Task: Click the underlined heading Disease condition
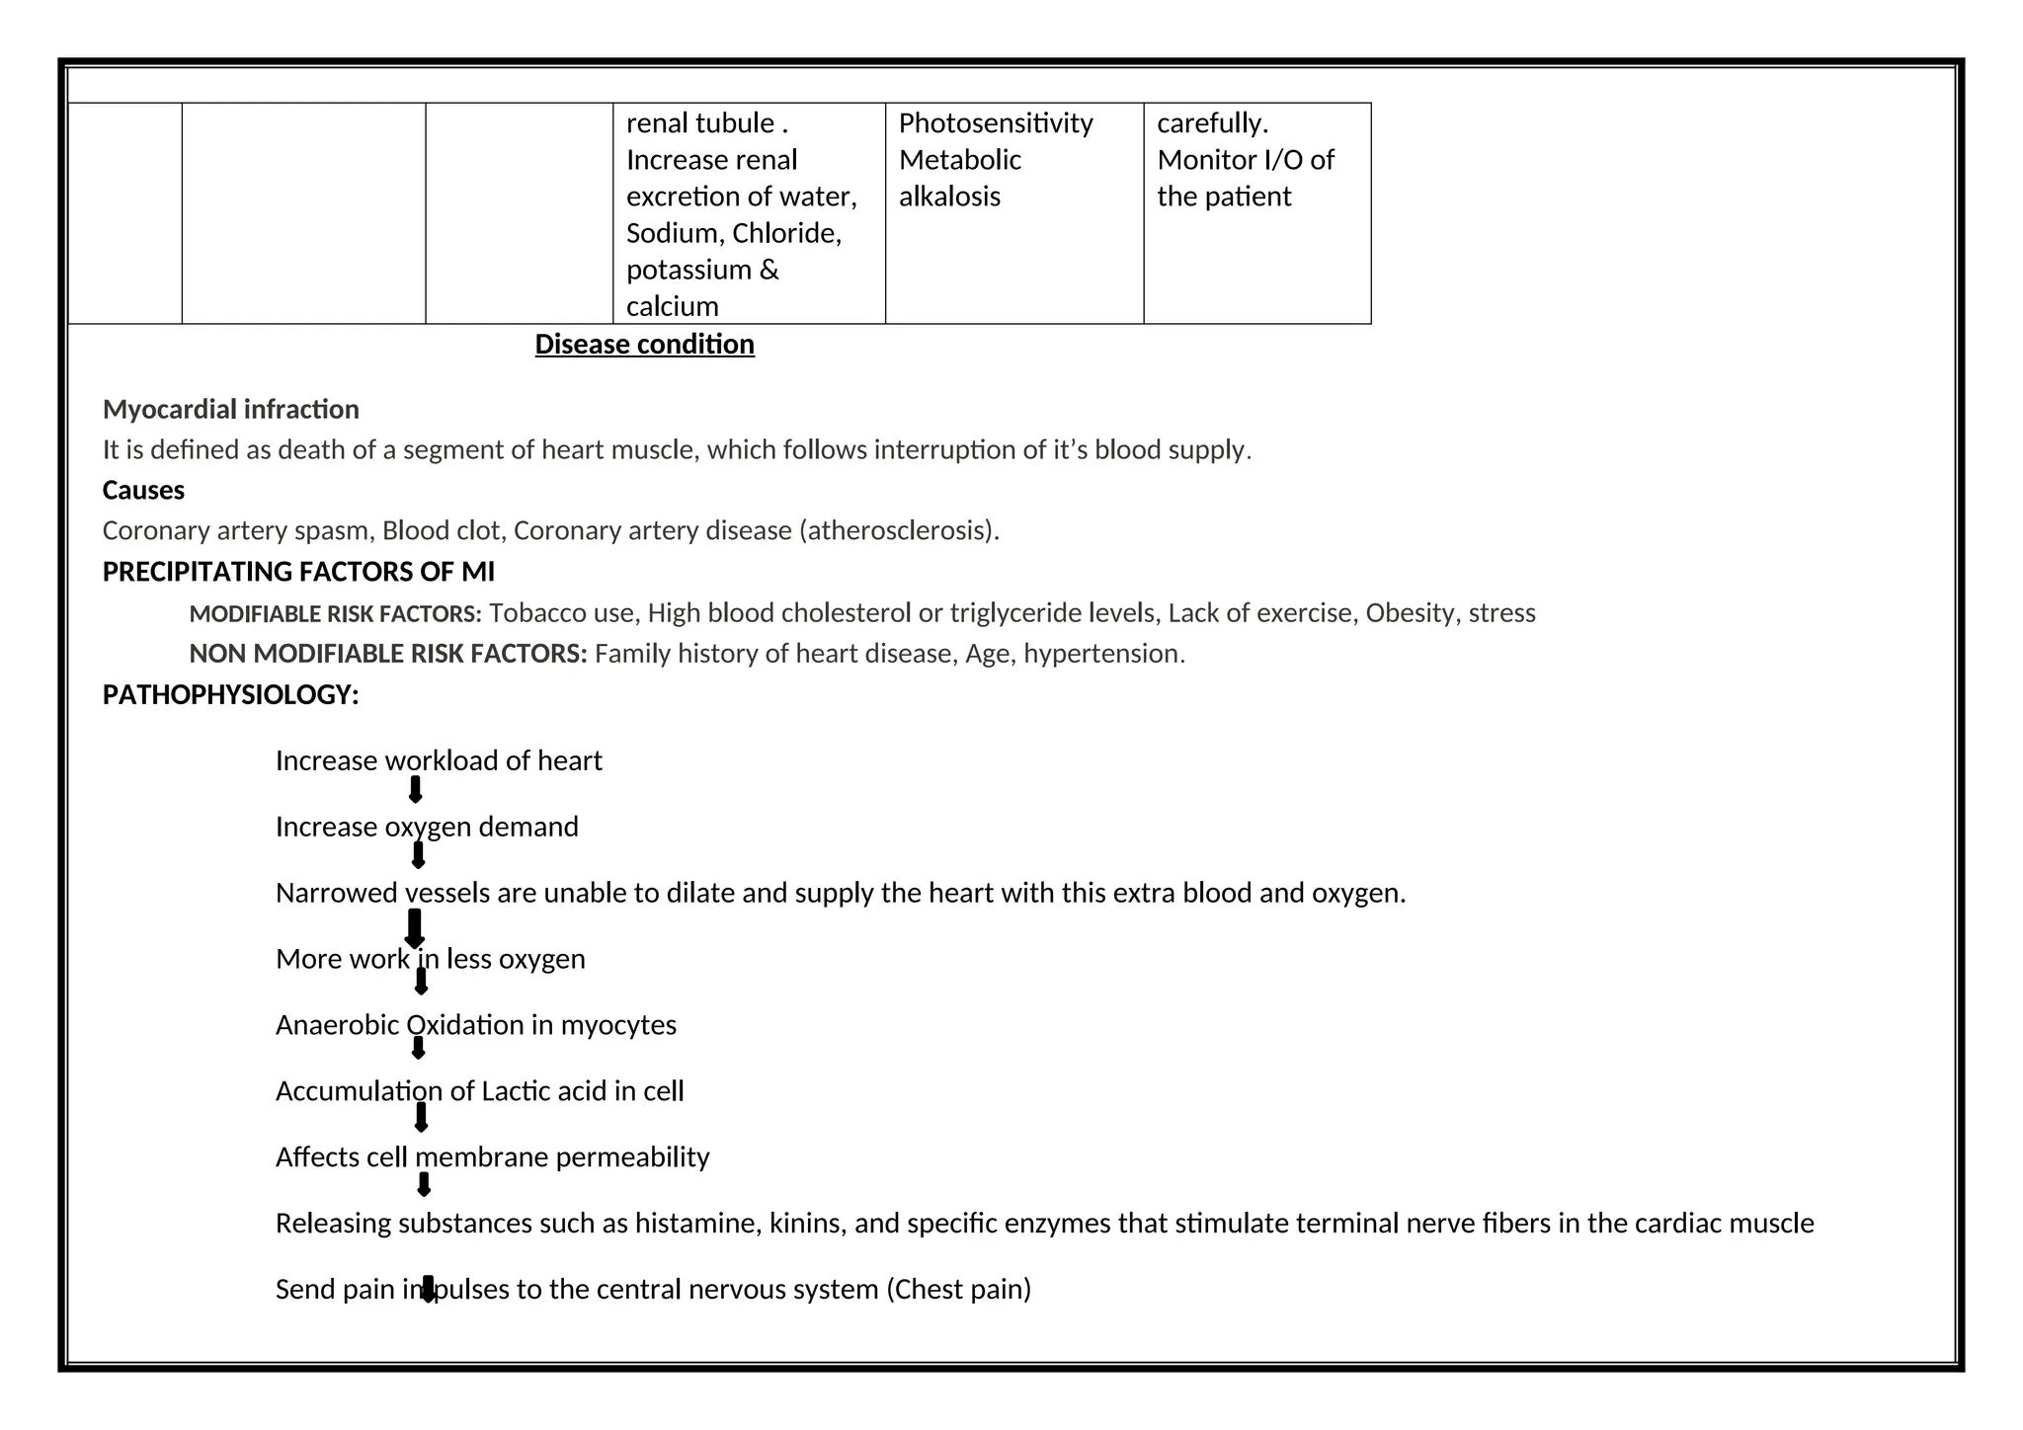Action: pos(644,344)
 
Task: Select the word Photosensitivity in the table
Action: pos(996,123)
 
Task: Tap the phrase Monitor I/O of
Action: pos(1245,160)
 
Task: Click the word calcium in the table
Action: pos(672,306)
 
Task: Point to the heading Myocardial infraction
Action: pos(230,409)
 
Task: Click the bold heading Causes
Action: pos(143,490)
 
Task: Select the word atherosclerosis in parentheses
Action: pos(899,531)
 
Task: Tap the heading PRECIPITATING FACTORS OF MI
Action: pos(298,572)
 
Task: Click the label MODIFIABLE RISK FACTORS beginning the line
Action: pos(334,614)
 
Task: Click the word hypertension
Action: pos(1101,654)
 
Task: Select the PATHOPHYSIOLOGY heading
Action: pos(230,695)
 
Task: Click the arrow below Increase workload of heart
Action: pos(416,789)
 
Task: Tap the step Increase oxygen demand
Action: pos(427,827)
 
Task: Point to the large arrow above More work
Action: pos(415,928)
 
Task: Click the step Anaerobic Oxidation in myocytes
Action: pos(475,1025)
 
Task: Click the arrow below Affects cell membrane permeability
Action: pos(424,1184)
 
